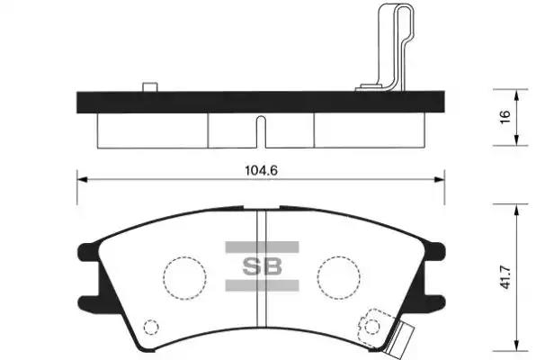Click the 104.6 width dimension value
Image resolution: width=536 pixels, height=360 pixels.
(261, 170)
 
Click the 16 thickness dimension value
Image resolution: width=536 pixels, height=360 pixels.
(505, 117)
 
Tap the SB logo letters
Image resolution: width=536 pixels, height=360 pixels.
(263, 266)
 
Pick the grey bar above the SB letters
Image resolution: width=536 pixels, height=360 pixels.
(262, 247)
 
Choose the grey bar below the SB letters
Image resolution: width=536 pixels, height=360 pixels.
(262, 285)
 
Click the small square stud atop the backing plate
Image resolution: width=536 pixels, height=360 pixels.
(150, 87)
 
